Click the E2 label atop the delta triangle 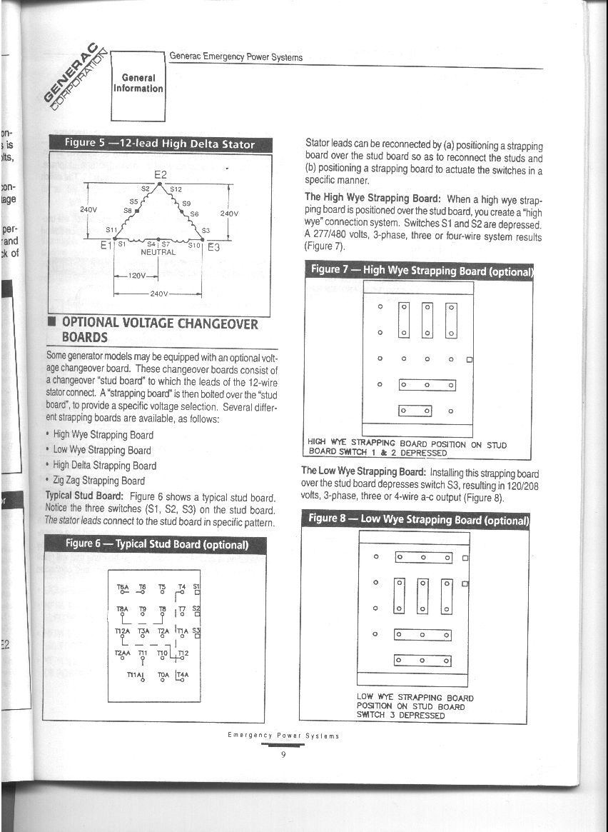coord(160,174)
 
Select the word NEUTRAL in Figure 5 coord(158,252)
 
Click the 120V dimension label coord(136,275)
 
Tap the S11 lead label coord(111,230)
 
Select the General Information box coord(138,83)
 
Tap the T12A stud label coord(123,631)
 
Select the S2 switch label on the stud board coord(196,608)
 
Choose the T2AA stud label coord(123,653)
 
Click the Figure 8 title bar coord(417,519)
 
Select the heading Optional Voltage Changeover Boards coord(158,330)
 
